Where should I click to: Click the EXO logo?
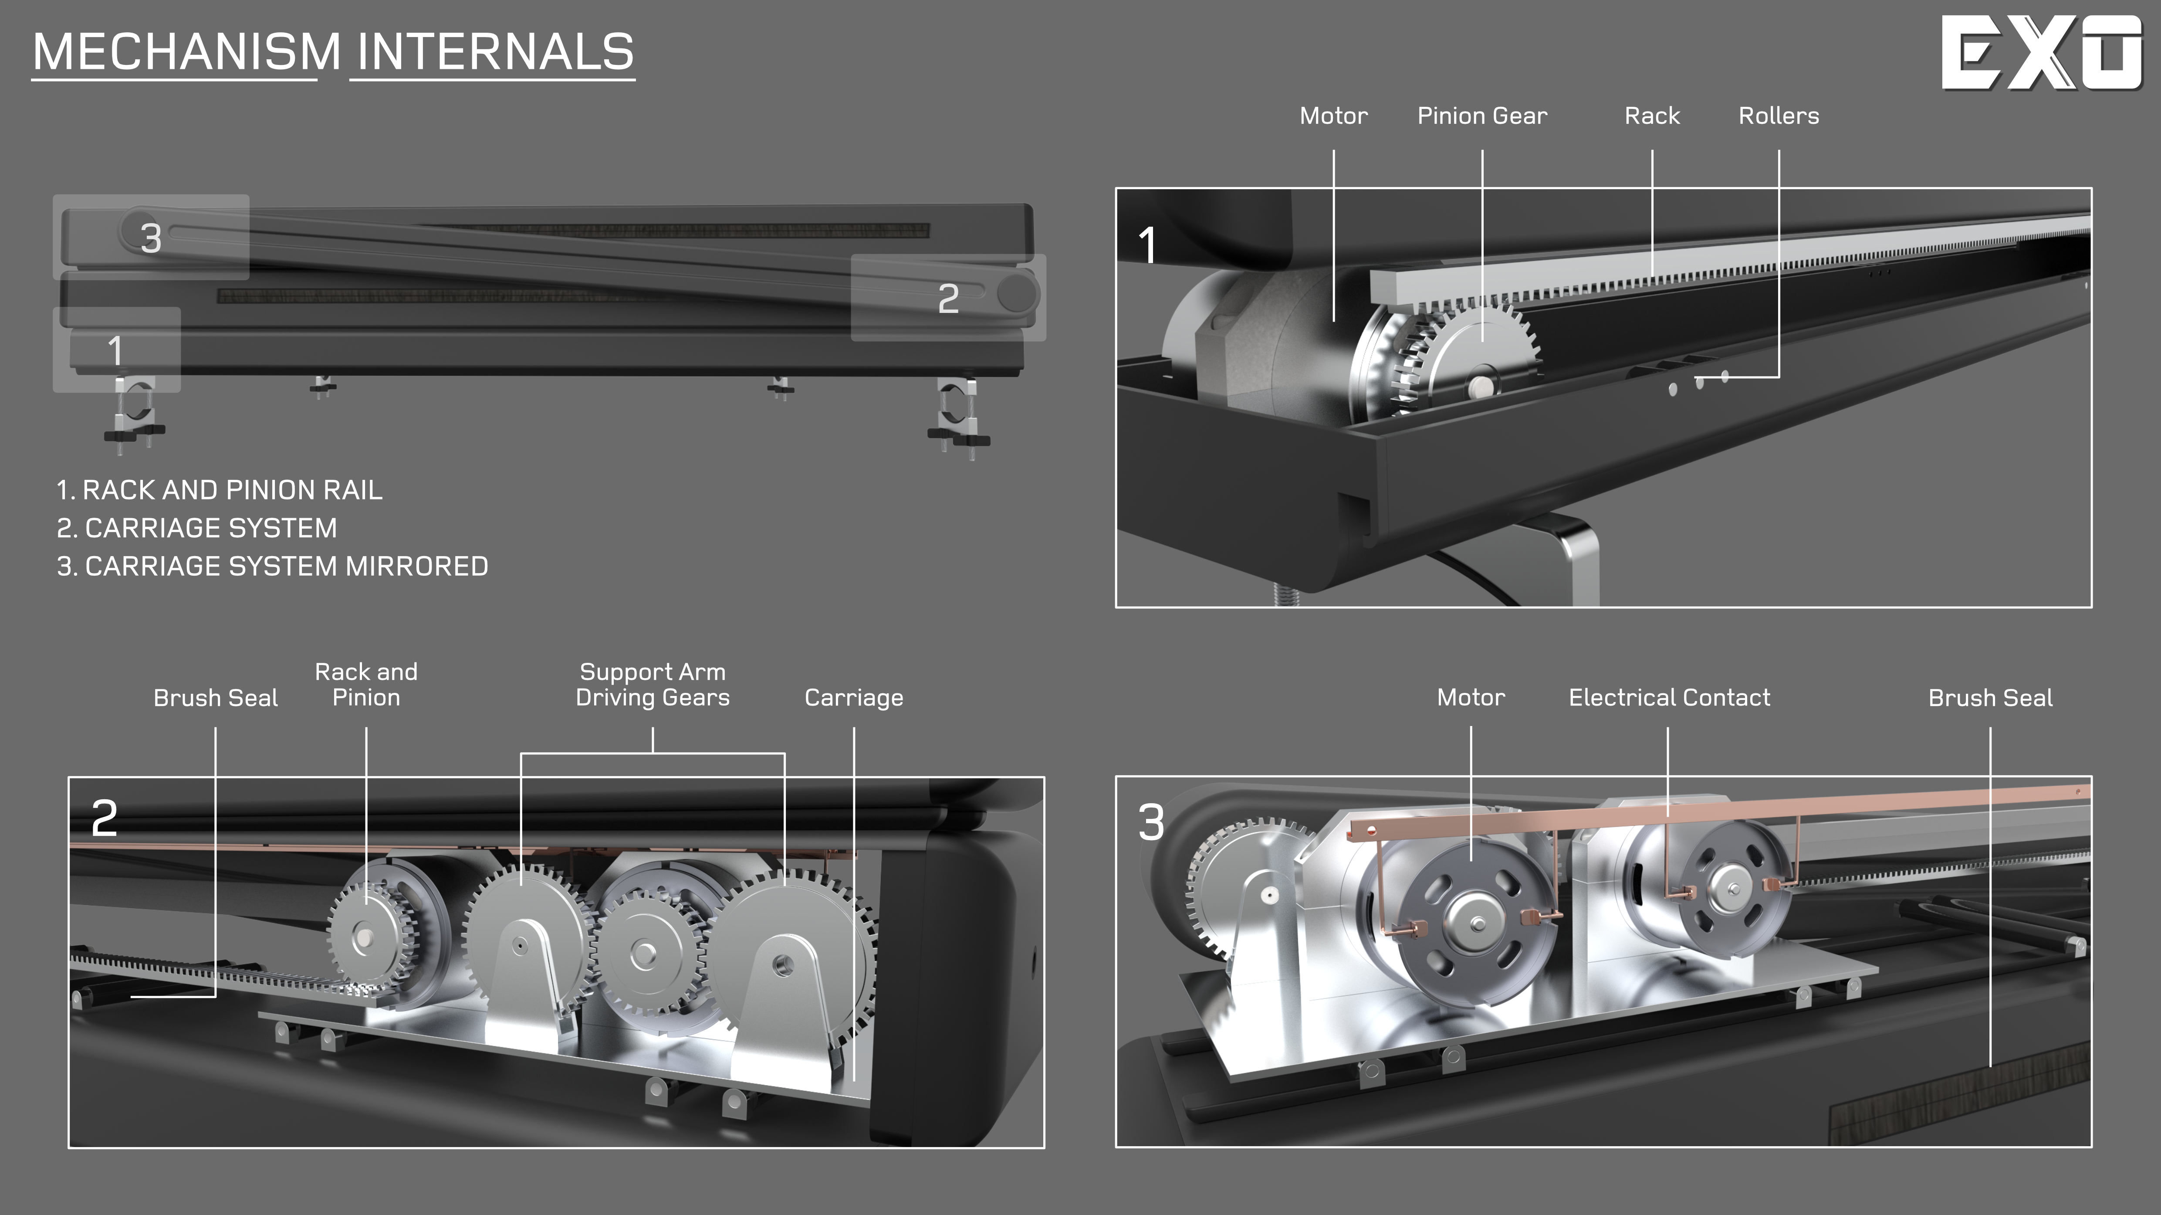tap(2042, 52)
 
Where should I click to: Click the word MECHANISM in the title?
tap(187, 52)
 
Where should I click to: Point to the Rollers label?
tap(1779, 116)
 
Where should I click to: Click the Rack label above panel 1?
tap(1652, 116)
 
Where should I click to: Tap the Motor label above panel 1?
tap(1333, 116)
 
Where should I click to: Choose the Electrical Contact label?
tap(1669, 697)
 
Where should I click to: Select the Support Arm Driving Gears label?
tap(653, 685)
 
